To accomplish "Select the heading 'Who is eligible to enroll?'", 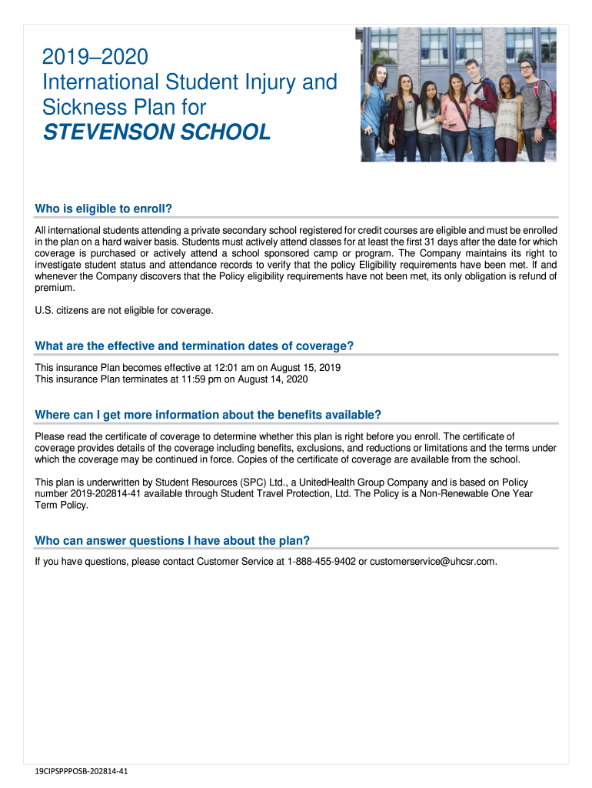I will pyautogui.click(x=103, y=209).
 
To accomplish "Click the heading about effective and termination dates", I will pyautogui.click(x=194, y=346).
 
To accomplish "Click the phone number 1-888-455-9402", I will pyautogui.click(x=321, y=562).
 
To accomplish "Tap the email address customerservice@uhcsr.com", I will pyautogui.click(x=433, y=562).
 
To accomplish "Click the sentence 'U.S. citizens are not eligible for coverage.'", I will pyautogui.click(x=124, y=310).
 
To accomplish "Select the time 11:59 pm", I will pyautogui.click(x=190, y=379).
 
